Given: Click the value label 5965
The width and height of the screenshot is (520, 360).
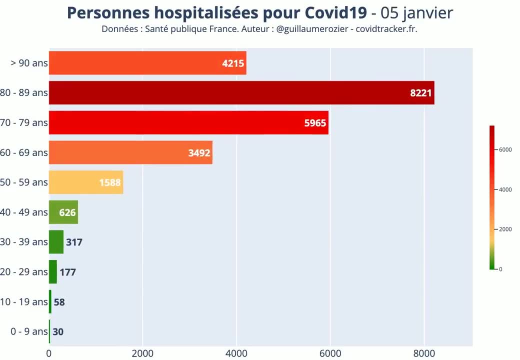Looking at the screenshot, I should pos(315,123).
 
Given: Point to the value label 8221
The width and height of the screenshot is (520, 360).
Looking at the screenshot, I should pos(421,93).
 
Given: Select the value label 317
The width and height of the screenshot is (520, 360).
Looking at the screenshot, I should pos(74,242).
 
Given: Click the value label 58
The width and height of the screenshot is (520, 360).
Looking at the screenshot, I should pos(59,302).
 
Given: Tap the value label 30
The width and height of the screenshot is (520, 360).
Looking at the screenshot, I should pos(58,332).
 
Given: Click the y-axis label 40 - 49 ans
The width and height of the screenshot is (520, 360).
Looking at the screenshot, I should pos(24,212).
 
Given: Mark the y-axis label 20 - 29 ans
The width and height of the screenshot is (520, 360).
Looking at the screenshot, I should pos(24,272).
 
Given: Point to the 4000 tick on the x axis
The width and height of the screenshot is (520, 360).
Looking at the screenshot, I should pos(236,353).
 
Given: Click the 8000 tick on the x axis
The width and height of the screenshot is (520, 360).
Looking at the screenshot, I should pos(424,353).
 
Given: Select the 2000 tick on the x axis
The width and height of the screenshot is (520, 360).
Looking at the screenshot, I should pos(142,353).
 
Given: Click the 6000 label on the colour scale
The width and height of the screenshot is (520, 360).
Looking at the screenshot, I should pos(505,149).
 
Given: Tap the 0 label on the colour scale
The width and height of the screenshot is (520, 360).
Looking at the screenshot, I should pos(500,269).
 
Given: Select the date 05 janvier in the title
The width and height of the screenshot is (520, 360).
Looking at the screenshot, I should pos(416,13).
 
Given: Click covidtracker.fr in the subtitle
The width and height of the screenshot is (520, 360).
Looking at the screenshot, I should pos(386,29).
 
